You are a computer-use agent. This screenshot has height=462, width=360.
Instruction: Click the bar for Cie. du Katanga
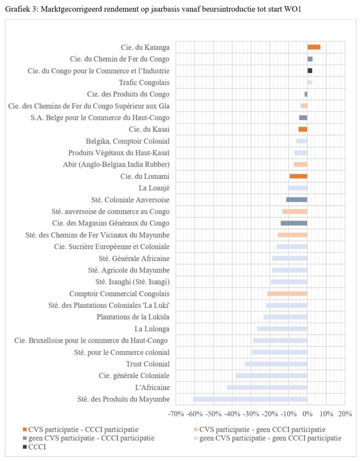coord(314,47)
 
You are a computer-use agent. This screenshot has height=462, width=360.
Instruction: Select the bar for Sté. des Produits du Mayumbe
coord(250,399)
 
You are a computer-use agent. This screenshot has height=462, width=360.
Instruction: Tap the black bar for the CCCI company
coord(310,71)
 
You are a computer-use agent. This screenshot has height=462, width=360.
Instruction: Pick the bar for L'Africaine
coord(267,387)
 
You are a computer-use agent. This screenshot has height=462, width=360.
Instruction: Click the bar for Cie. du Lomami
coord(298,176)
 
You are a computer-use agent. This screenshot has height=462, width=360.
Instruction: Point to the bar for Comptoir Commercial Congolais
coord(288,293)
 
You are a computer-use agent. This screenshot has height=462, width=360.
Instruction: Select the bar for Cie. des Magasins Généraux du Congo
coord(294,223)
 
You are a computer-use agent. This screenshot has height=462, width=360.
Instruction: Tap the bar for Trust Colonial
coord(276,364)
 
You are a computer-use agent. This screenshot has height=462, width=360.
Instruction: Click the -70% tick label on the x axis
coord(176,414)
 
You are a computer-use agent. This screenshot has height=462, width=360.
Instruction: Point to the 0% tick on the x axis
coord(307,414)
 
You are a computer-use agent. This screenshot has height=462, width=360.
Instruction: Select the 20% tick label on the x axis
coord(344,414)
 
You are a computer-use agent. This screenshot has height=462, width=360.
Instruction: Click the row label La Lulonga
coord(152,329)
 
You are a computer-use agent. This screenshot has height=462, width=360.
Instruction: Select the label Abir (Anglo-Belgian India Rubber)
coord(116,164)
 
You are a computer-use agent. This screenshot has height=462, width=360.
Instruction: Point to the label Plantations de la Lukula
coord(133,317)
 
